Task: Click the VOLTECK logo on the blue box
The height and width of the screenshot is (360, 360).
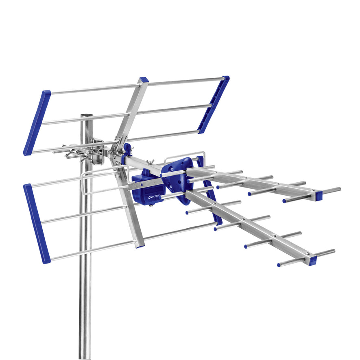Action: [154, 197]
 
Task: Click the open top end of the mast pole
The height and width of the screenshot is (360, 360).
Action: [86, 116]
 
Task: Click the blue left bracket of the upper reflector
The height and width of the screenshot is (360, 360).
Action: [37, 122]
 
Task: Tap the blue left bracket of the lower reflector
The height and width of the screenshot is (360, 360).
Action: [37, 223]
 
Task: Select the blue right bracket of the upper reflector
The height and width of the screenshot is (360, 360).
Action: [214, 104]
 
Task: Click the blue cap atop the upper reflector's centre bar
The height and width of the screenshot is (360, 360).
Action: [143, 80]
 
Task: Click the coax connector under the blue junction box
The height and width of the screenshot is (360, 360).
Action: [151, 205]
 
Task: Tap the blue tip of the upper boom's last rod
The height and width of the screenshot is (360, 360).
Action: [284, 201]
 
